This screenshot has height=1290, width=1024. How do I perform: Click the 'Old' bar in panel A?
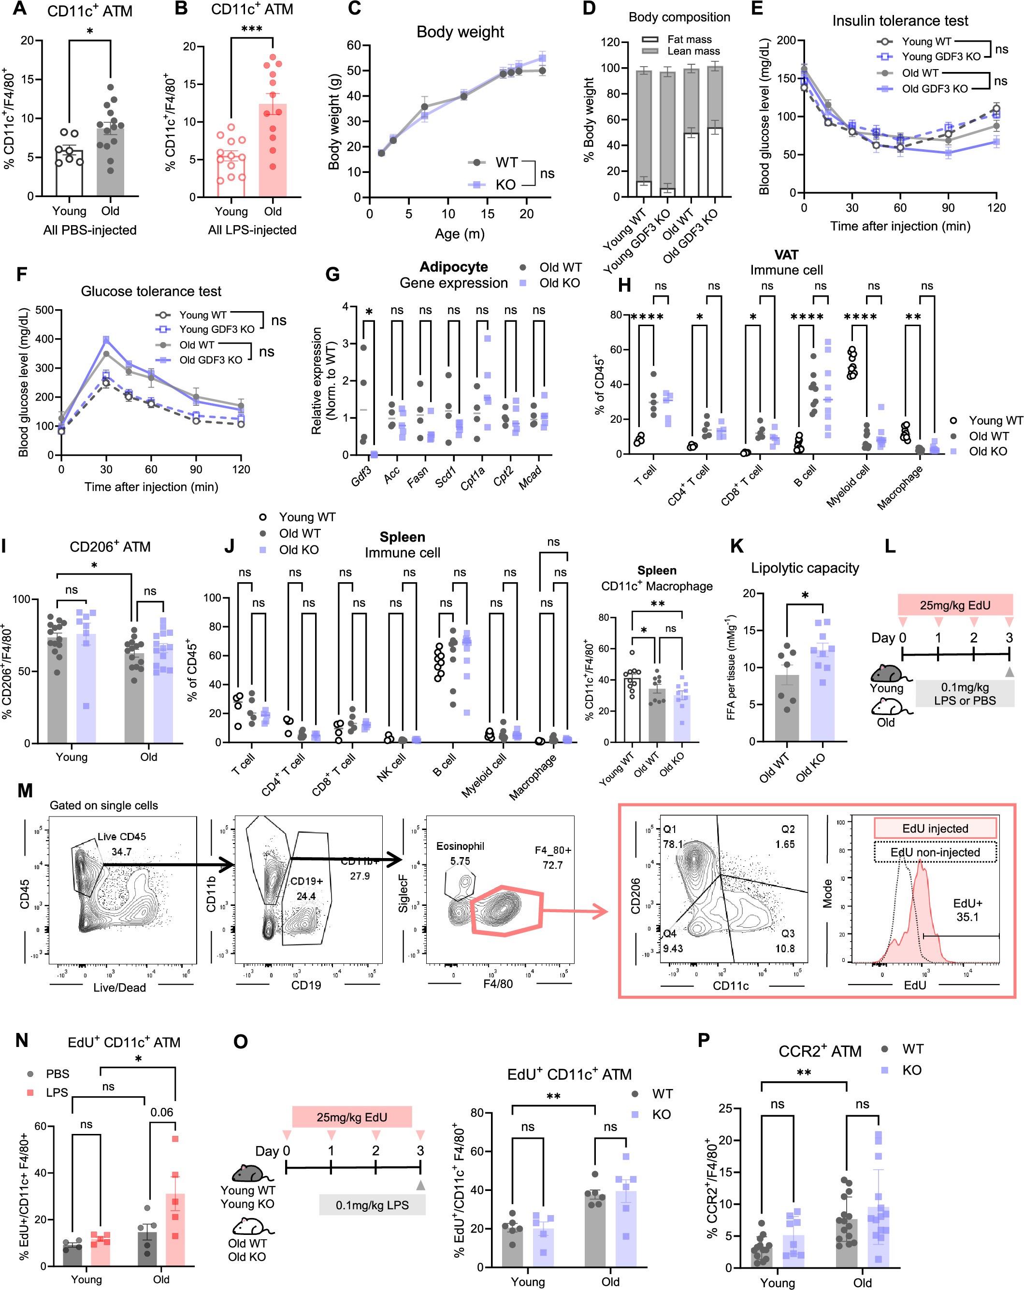110,161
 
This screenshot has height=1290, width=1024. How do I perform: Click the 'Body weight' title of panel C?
460,32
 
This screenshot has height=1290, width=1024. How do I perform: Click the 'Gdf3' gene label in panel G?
361,476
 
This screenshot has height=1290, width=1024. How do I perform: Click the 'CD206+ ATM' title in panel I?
110,546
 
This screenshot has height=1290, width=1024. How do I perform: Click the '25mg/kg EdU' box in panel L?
954,605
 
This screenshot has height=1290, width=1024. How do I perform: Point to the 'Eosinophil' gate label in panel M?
460,846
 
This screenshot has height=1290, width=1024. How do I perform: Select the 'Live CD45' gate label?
121,836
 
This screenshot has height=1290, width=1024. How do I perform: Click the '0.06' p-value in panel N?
161,1112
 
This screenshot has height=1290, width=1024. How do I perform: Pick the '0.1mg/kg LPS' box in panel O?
372,1204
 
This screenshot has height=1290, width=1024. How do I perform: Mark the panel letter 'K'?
737,545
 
